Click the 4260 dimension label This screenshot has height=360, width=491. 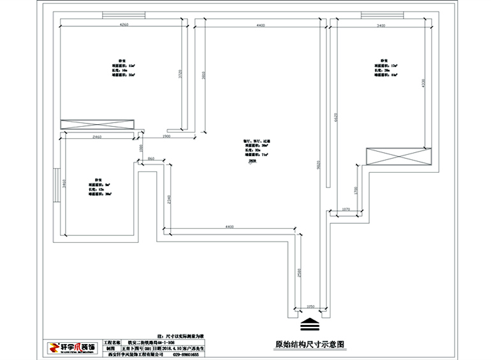124,24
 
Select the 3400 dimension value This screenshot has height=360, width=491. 381,25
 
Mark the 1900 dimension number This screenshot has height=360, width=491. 166,136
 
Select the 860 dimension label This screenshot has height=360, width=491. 151,157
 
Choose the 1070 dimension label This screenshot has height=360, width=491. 347,209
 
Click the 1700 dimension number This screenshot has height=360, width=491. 356,191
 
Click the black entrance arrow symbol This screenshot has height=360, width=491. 308,324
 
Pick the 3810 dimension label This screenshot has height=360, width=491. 203,75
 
